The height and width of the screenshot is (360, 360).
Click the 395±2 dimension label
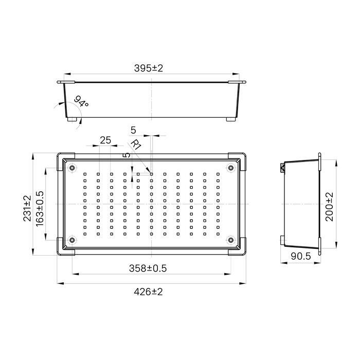tap(149, 68)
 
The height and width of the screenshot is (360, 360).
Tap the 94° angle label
tap(81, 101)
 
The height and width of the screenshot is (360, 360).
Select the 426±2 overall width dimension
tap(148, 292)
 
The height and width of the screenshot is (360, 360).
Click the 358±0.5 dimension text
tap(148, 268)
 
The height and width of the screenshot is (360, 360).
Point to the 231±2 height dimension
tap(27, 208)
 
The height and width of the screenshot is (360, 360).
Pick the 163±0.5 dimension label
tap(40, 208)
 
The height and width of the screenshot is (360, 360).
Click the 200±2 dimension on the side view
tap(330, 207)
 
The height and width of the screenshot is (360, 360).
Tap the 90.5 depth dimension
tap(301, 256)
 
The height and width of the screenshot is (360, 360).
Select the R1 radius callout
tap(136, 145)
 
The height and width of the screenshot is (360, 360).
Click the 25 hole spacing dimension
tap(105, 140)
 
